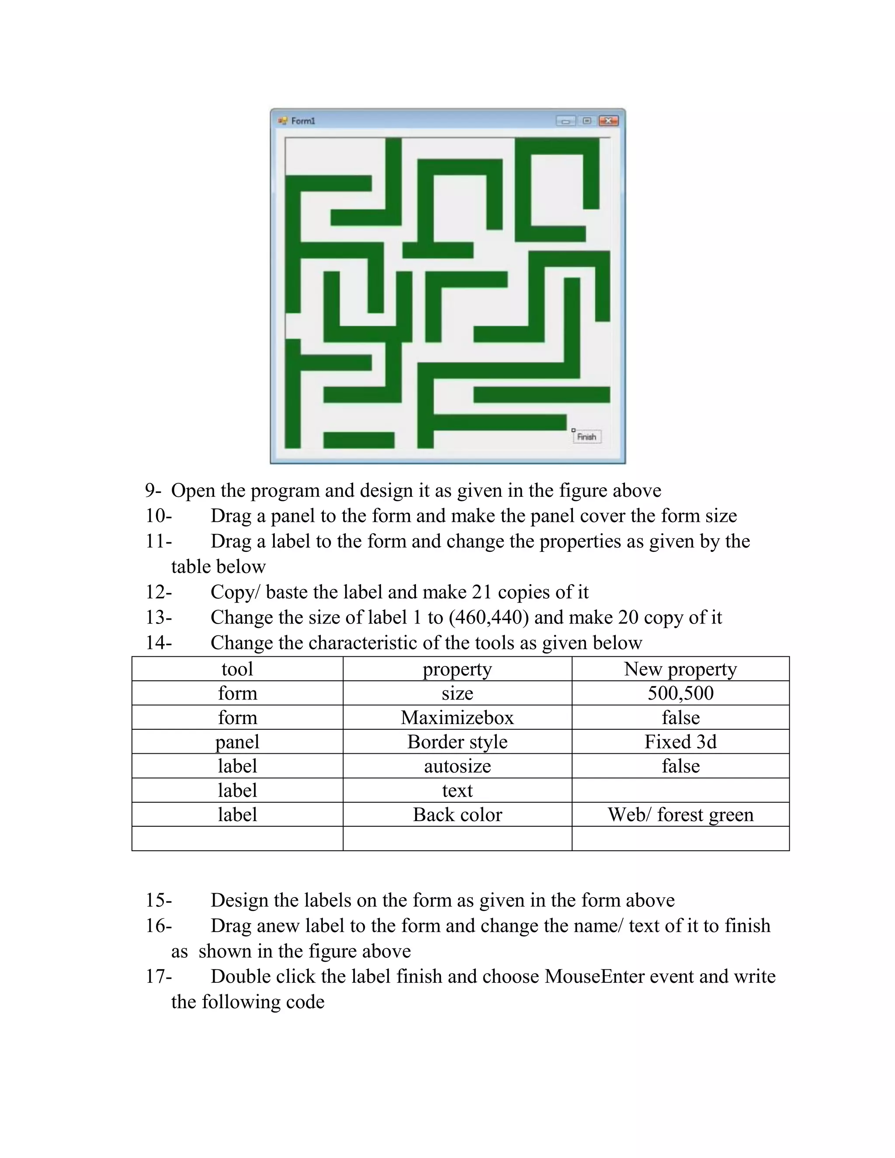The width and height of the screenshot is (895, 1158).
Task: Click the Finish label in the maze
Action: click(x=586, y=437)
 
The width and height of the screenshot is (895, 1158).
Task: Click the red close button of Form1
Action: click(x=608, y=121)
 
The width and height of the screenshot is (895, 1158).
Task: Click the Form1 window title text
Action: click(x=303, y=121)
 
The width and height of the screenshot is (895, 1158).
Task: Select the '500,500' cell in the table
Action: click(x=680, y=693)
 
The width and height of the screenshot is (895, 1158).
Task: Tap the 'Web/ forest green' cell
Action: click(x=680, y=815)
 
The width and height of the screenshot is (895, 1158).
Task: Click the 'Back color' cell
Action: click(x=457, y=815)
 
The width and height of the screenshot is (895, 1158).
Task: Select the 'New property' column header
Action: click(x=680, y=669)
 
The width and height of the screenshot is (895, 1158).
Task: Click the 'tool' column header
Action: click(x=237, y=669)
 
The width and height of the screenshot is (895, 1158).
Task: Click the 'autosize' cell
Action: click(x=457, y=766)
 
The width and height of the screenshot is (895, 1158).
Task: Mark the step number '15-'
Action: click(x=159, y=900)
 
